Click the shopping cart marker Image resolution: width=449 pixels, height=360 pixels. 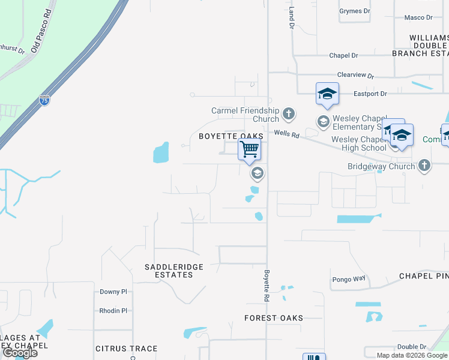pyautogui.click(x=249, y=148)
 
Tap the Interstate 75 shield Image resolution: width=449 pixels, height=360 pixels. pyautogui.click(x=45, y=101)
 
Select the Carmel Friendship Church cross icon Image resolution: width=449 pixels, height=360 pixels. pyautogui.click(x=289, y=113)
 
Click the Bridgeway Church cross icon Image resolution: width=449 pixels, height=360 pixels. pyautogui.click(x=424, y=166)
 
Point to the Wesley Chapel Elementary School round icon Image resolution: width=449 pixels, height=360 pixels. pyautogui.click(x=324, y=122)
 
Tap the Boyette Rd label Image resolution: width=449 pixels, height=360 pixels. pyautogui.click(x=267, y=285)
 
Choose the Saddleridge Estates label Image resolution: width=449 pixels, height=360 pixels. pyautogui.click(x=174, y=271)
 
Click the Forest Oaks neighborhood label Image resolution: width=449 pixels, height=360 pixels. pyautogui.click(x=274, y=318)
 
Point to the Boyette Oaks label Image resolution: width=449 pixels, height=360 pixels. pyautogui.click(x=232, y=137)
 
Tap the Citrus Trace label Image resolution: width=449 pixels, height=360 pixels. pyautogui.click(x=127, y=349)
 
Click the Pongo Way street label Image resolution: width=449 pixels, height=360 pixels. pyautogui.click(x=349, y=279)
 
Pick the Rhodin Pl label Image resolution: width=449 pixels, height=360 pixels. pyautogui.click(x=113, y=311)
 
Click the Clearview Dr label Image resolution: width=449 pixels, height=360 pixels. pyautogui.click(x=355, y=76)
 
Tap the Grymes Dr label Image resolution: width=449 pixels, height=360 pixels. pyautogui.click(x=351, y=11)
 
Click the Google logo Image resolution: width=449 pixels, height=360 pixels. pyautogui.click(x=20, y=352)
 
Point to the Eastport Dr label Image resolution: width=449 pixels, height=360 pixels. pyautogui.click(x=370, y=94)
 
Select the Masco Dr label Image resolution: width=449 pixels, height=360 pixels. pyautogui.click(x=418, y=18)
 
